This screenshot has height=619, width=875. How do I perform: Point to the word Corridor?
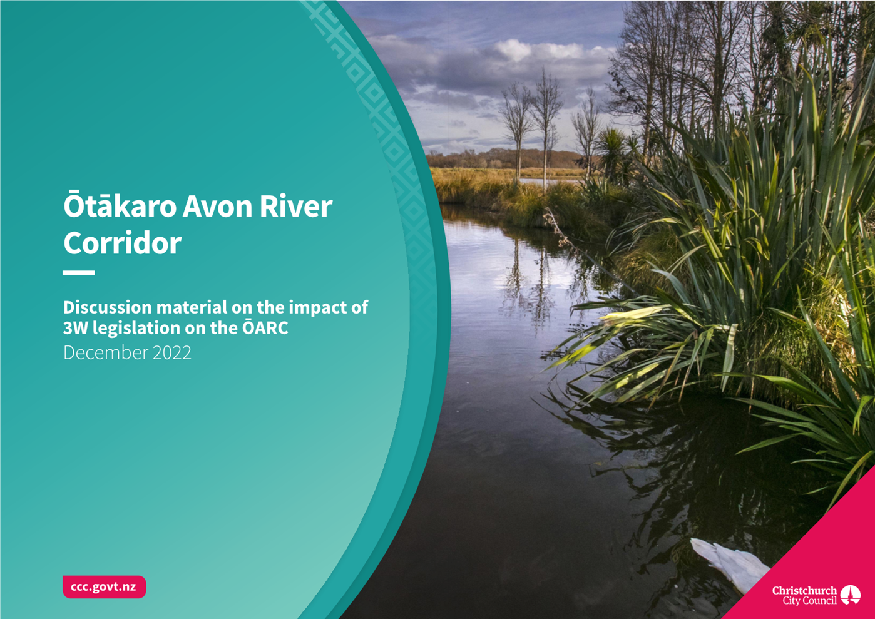pyautogui.click(x=122, y=242)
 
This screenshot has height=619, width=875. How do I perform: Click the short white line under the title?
pyautogui.click(x=78, y=273)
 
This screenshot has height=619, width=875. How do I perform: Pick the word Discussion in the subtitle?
pyautogui.click(x=108, y=307)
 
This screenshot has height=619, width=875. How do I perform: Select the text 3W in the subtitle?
pyautogui.click(x=76, y=328)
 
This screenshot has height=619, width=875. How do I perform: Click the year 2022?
pyautogui.click(x=172, y=352)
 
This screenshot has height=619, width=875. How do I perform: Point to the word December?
pyautogui.click(x=106, y=352)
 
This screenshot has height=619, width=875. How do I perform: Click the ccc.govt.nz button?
pyautogui.click(x=105, y=586)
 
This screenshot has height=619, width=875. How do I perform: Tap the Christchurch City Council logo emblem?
pyautogui.click(x=851, y=595)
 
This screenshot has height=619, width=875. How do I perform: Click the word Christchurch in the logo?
pyautogui.click(x=804, y=590)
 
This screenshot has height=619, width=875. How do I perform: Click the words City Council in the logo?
pyautogui.click(x=810, y=601)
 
